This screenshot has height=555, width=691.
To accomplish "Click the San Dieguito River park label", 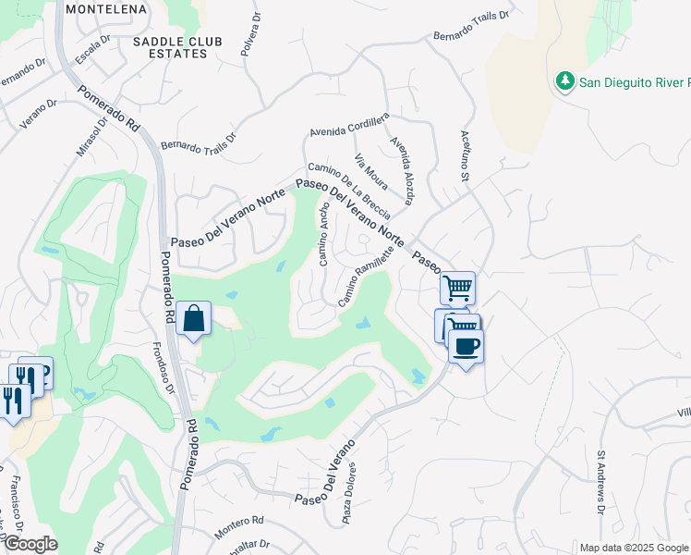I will pos(634,82).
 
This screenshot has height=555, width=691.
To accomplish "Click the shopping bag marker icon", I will pos(195,319).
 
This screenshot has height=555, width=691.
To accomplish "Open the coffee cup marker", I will pos(466,347).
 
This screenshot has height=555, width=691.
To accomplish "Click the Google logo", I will pos(30,544).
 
